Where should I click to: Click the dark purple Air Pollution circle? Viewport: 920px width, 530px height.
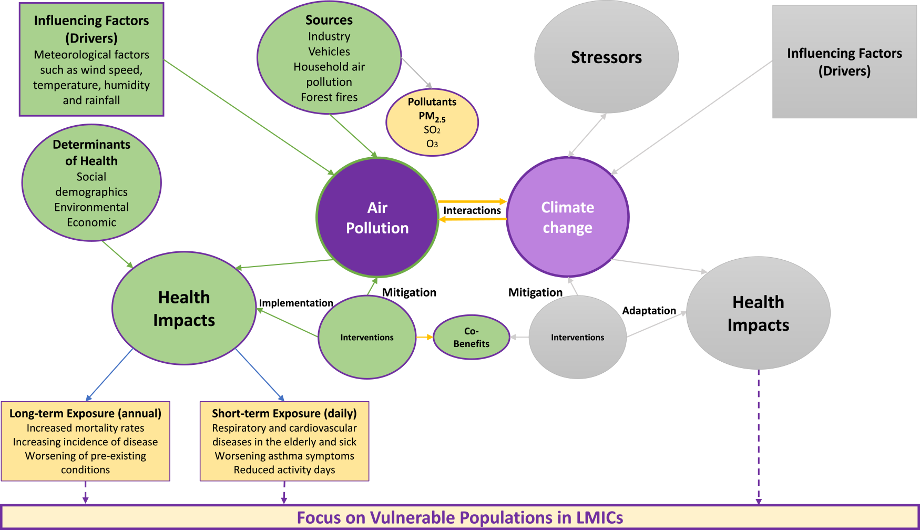pyautogui.click(x=377, y=217)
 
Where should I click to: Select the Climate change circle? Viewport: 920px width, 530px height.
pyautogui.click(x=568, y=217)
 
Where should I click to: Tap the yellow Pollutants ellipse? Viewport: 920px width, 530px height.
pyautogui.click(x=432, y=123)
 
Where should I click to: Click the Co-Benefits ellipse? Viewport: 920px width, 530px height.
pyautogui.click(x=472, y=338)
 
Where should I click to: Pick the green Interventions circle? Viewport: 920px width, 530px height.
pyautogui.click(x=367, y=337)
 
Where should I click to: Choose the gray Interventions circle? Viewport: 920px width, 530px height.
pyautogui.click(x=577, y=337)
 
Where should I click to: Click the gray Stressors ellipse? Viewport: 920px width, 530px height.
pyautogui.click(x=606, y=57)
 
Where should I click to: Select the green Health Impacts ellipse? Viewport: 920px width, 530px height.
pyautogui.click(x=184, y=309)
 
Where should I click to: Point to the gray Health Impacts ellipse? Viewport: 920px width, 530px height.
pyautogui.click(x=758, y=313)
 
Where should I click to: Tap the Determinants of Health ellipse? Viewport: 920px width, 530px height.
pyautogui.click(x=91, y=183)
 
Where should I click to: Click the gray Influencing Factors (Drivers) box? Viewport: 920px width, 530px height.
pyautogui.click(x=844, y=62)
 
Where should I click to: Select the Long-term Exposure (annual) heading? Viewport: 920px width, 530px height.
pyautogui.click(x=85, y=413)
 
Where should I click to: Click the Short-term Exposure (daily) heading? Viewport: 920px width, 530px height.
pyautogui.click(x=284, y=413)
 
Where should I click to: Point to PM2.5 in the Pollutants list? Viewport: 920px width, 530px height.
pyautogui.click(x=432, y=116)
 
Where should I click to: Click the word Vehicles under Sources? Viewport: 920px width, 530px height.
pyautogui.click(x=329, y=52)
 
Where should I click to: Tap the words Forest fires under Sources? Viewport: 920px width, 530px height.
pyautogui.click(x=329, y=97)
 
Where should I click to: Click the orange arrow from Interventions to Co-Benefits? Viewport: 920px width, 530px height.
pyautogui.click(x=424, y=337)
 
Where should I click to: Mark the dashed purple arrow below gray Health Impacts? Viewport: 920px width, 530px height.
pyautogui.click(x=758, y=436)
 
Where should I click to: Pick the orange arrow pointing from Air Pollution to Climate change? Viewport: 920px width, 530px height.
pyautogui.click(x=472, y=201)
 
